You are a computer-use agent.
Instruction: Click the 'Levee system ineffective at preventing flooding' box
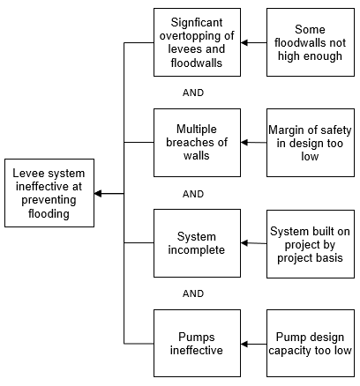(x=49, y=193)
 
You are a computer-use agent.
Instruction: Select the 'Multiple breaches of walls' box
(x=197, y=143)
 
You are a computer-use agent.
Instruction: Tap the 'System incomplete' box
(x=197, y=243)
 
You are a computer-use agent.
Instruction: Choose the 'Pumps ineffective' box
(x=197, y=343)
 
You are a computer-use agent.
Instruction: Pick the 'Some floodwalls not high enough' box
(x=311, y=42)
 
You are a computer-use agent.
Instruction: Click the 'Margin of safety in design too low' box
(x=311, y=143)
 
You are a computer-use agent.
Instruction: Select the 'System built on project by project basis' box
(x=311, y=244)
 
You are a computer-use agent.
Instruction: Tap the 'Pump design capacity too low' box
(x=311, y=343)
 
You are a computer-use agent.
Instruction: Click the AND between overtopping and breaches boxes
(x=193, y=93)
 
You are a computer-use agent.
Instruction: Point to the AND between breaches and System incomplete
(x=193, y=194)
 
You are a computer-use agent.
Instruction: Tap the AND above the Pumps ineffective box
(x=193, y=293)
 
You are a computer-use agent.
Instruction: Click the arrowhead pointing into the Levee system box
(x=98, y=193)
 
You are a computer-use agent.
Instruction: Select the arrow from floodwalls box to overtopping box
(x=254, y=42)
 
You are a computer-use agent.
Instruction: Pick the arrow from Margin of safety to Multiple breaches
(x=254, y=143)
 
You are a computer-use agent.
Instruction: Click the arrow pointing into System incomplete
(x=254, y=243)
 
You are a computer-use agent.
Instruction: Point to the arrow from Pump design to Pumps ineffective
(x=254, y=344)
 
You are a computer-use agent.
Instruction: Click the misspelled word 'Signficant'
(x=197, y=23)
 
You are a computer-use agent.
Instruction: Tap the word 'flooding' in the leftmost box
(x=49, y=213)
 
